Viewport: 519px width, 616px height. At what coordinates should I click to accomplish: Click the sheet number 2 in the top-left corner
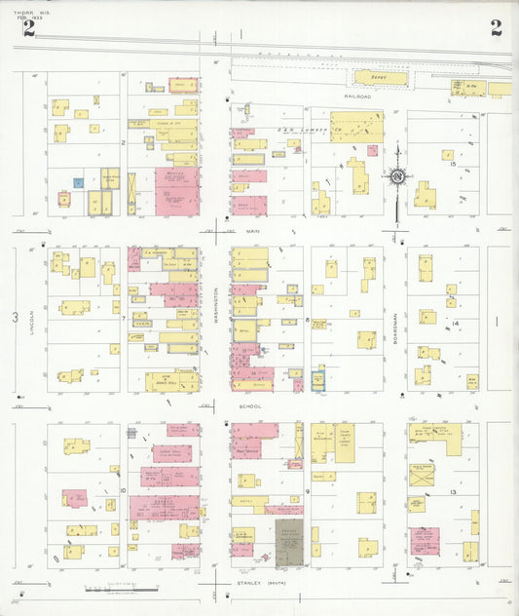pos(29,27)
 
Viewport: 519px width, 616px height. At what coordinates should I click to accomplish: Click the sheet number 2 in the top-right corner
pos(497,27)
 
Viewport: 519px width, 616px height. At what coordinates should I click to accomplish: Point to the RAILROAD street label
pos(356,96)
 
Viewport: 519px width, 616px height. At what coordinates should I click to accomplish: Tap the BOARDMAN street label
pos(397,318)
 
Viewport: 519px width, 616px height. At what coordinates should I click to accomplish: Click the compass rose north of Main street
pos(397,177)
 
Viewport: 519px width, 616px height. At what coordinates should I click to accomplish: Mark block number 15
pos(453,164)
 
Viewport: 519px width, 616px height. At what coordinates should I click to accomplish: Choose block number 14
pos(454,322)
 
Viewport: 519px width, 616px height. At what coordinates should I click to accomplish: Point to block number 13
pos(454,493)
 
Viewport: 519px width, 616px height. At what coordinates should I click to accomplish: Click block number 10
pos(123,490)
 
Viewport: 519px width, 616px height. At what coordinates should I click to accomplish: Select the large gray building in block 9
pos(289,542)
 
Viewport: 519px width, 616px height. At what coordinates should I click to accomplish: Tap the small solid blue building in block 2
pos(78,182)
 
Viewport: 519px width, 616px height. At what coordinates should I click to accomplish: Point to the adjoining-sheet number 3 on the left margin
pos(15,318)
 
